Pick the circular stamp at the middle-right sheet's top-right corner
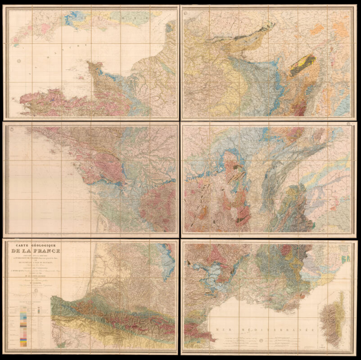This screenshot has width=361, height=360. coord(349,128)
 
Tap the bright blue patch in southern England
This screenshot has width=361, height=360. coord(72,19)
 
